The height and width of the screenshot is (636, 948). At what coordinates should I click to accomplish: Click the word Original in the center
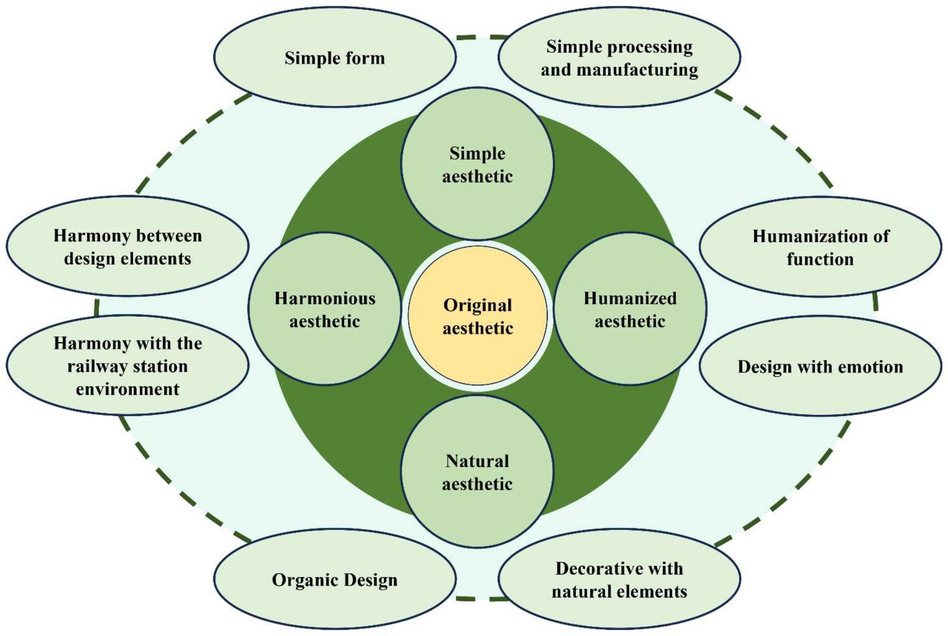478,305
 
